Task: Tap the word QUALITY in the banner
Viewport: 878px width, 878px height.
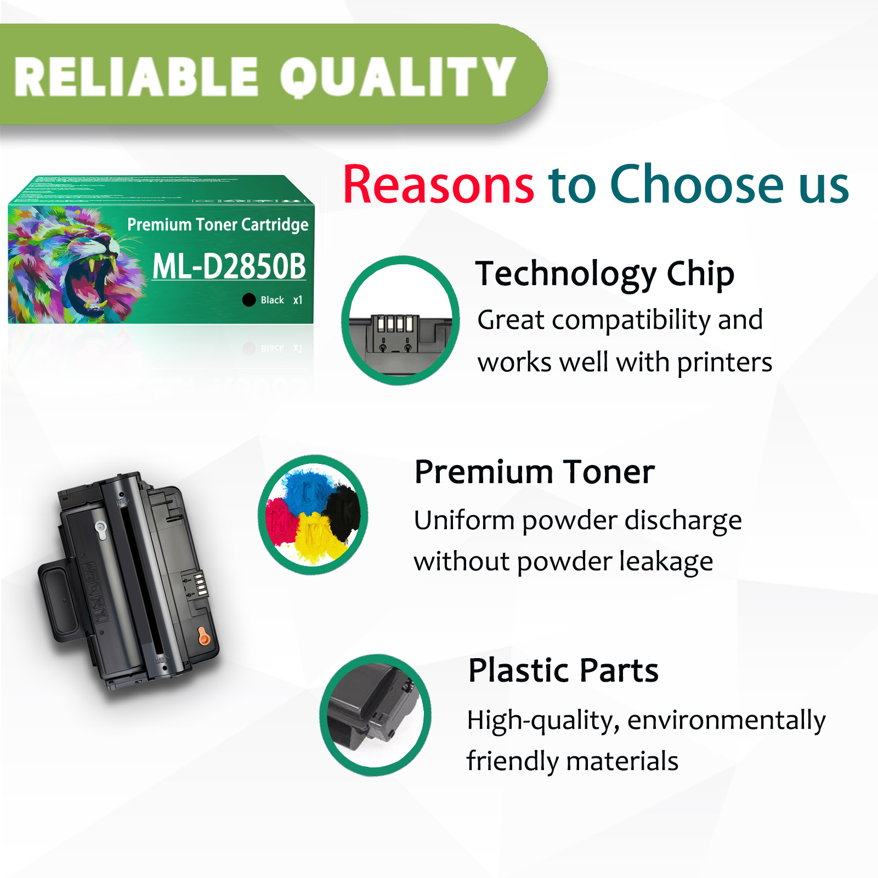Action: click(398, 77)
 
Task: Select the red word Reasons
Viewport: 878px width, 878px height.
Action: click(438, 185)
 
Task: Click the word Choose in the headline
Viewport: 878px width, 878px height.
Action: click(697, 185)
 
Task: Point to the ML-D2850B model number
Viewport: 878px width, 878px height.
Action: click(229, 267)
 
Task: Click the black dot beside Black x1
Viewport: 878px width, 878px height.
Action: click(249, 299)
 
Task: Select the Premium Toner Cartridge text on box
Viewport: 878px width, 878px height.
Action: click(218, 224)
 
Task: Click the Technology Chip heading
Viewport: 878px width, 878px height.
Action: click(605, 274)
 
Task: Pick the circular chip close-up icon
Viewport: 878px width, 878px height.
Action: click(400, 321)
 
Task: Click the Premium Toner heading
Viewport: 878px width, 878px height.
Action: click(535, 472)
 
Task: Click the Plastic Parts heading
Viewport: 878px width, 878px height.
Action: click(563, 670)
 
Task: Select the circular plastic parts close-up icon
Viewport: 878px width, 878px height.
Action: click(376, 715)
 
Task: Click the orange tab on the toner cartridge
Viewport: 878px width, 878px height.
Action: click(203, 637)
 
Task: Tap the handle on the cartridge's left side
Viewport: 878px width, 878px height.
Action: click(58, 603)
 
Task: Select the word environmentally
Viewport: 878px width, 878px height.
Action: click(726, 721)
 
